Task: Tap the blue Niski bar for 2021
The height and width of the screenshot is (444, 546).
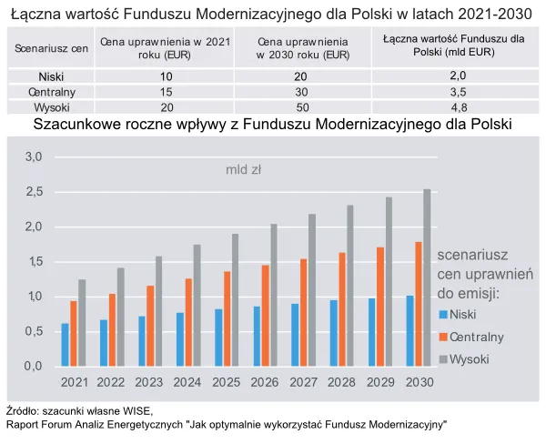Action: (x=65, y=345)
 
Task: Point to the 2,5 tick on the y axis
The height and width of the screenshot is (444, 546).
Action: (x=33, y=192)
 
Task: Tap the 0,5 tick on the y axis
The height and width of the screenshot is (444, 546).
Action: (x=33, y=331)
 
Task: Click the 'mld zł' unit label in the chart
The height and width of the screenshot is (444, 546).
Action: (x=244, y=169)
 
